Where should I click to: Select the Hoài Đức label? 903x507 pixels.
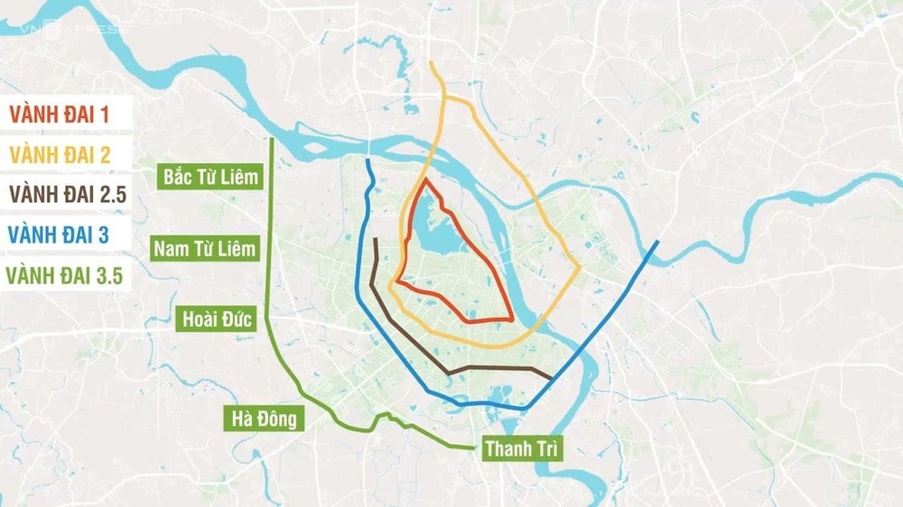pyautogui.click(x=215, y=319)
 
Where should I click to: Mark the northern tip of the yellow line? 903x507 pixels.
pyautogui.click(x=432, y=63)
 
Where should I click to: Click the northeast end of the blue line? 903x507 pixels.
pyautogui.click(x=656, y=242)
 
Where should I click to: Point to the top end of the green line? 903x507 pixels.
pyautogui.click(x=272, y=141)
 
